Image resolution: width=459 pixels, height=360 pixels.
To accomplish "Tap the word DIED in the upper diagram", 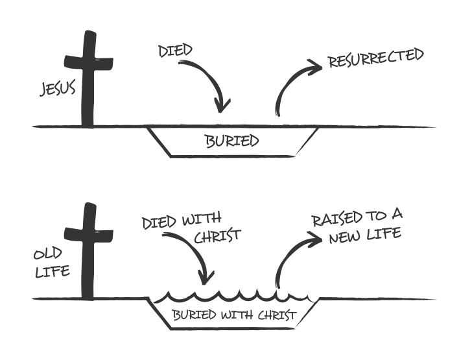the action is click(x=175, y=51).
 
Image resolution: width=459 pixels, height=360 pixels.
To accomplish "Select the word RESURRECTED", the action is click(x=376, y=58).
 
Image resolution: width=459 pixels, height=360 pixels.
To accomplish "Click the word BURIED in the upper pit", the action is click(x=233, y=141).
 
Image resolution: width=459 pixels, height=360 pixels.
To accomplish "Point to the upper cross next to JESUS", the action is click(x=88, y=79).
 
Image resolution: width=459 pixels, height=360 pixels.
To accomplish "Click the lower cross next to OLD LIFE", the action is click(x=88, y=251).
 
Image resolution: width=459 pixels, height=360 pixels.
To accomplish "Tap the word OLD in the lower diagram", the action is click(x=48, y=254).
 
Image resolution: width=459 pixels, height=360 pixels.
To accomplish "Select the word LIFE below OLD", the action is click(x=53, y=272).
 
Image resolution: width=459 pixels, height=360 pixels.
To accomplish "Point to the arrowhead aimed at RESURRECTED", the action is click(x=314, y=67).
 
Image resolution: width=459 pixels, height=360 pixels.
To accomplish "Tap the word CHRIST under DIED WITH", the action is click(x=217, y=236).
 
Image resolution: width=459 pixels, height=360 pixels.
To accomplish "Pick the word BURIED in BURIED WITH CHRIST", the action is click(x=194, y=315).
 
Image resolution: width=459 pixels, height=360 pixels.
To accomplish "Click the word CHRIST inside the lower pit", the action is click(x=277, y=315).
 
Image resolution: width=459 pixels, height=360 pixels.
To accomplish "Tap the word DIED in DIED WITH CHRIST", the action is click(x=159, y=223).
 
